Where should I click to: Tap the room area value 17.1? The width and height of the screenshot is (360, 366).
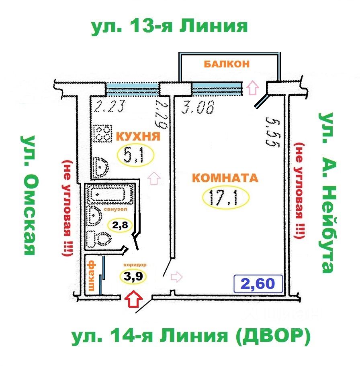pyautogui.click(x=226, y=197)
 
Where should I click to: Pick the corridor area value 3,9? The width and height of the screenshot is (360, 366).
pyautogui.click(x=133, y=276)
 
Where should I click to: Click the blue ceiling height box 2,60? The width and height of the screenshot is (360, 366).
pyautogui.click(x=259, y=284)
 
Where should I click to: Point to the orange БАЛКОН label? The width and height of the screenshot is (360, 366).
pyautogui.click(x=227, y=64)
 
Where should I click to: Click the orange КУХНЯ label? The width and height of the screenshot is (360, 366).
pyautogui.click(x=138, y=136)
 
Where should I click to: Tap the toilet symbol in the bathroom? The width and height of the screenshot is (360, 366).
pyautogui.click(x=100, y=240)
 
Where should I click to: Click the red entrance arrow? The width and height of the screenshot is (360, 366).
pyautogui.click(x=133, y=299)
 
